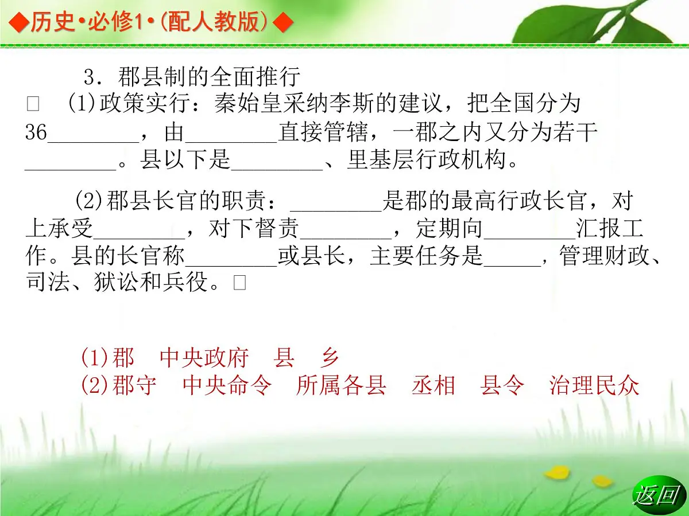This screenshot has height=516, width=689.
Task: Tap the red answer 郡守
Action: pyautogui.click(x=134, y=386)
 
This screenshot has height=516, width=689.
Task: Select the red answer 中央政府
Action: pyautogui.click(x=204, y=358)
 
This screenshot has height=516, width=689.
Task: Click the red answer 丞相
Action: pyautogui.click(x=433, y=386)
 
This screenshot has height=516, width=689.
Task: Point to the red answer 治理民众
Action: pyautogui.click(x=594, y=386)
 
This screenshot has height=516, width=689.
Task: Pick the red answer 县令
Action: pyautogui.click(x=502, y=386)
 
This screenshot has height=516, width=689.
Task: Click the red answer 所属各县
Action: pyautogui.click(x=341, y=386)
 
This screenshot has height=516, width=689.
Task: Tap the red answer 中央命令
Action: pyautogui.click(x=226, y=386)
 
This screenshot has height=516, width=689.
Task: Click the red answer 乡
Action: pyautogui.click(x=330, y=358)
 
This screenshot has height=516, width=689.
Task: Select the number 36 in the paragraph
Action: pyautogui.click(x=36, y=133)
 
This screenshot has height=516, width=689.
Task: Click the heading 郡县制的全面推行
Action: pyautogui.click(x=209, y=77)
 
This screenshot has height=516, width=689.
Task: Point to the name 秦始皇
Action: pyautogui.click(x=247, y=104)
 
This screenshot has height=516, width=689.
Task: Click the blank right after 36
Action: pyautogui.click(x=93, y=138)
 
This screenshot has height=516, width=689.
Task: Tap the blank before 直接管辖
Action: pyautogui.click(x=231, y=138)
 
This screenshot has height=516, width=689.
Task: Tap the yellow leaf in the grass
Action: pyautogui.click(x=556, y=473)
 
